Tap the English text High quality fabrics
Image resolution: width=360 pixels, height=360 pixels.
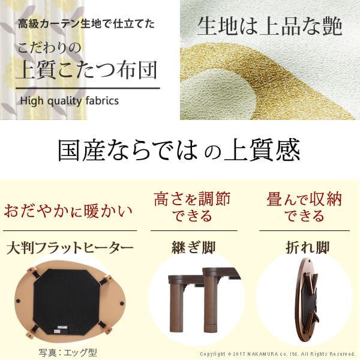[x=69, y=100]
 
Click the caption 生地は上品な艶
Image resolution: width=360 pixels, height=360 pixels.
[x=269, y=27]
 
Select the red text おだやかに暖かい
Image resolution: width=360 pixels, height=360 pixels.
[x=68, y=212]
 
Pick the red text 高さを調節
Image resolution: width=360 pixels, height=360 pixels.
[x=192, y=199]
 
